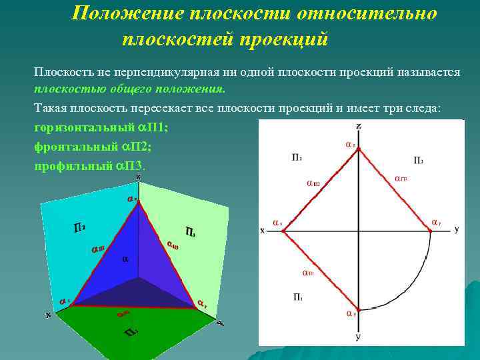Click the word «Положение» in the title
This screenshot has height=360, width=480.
point(123,13)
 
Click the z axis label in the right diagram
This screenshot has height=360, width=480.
point(359,126)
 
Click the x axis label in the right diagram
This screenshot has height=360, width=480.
point(263,231)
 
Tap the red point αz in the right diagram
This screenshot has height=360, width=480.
point(359,149)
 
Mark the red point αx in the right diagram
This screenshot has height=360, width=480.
point(283,231)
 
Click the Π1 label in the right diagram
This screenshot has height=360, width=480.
point(298,296)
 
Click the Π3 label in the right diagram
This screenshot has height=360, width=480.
point(418,159)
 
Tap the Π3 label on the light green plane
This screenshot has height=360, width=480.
point(189,232)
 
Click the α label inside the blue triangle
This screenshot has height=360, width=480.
point(124,259)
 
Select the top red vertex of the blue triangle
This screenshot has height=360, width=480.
point(139,202)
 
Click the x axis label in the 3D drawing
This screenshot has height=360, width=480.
point(48,315)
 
